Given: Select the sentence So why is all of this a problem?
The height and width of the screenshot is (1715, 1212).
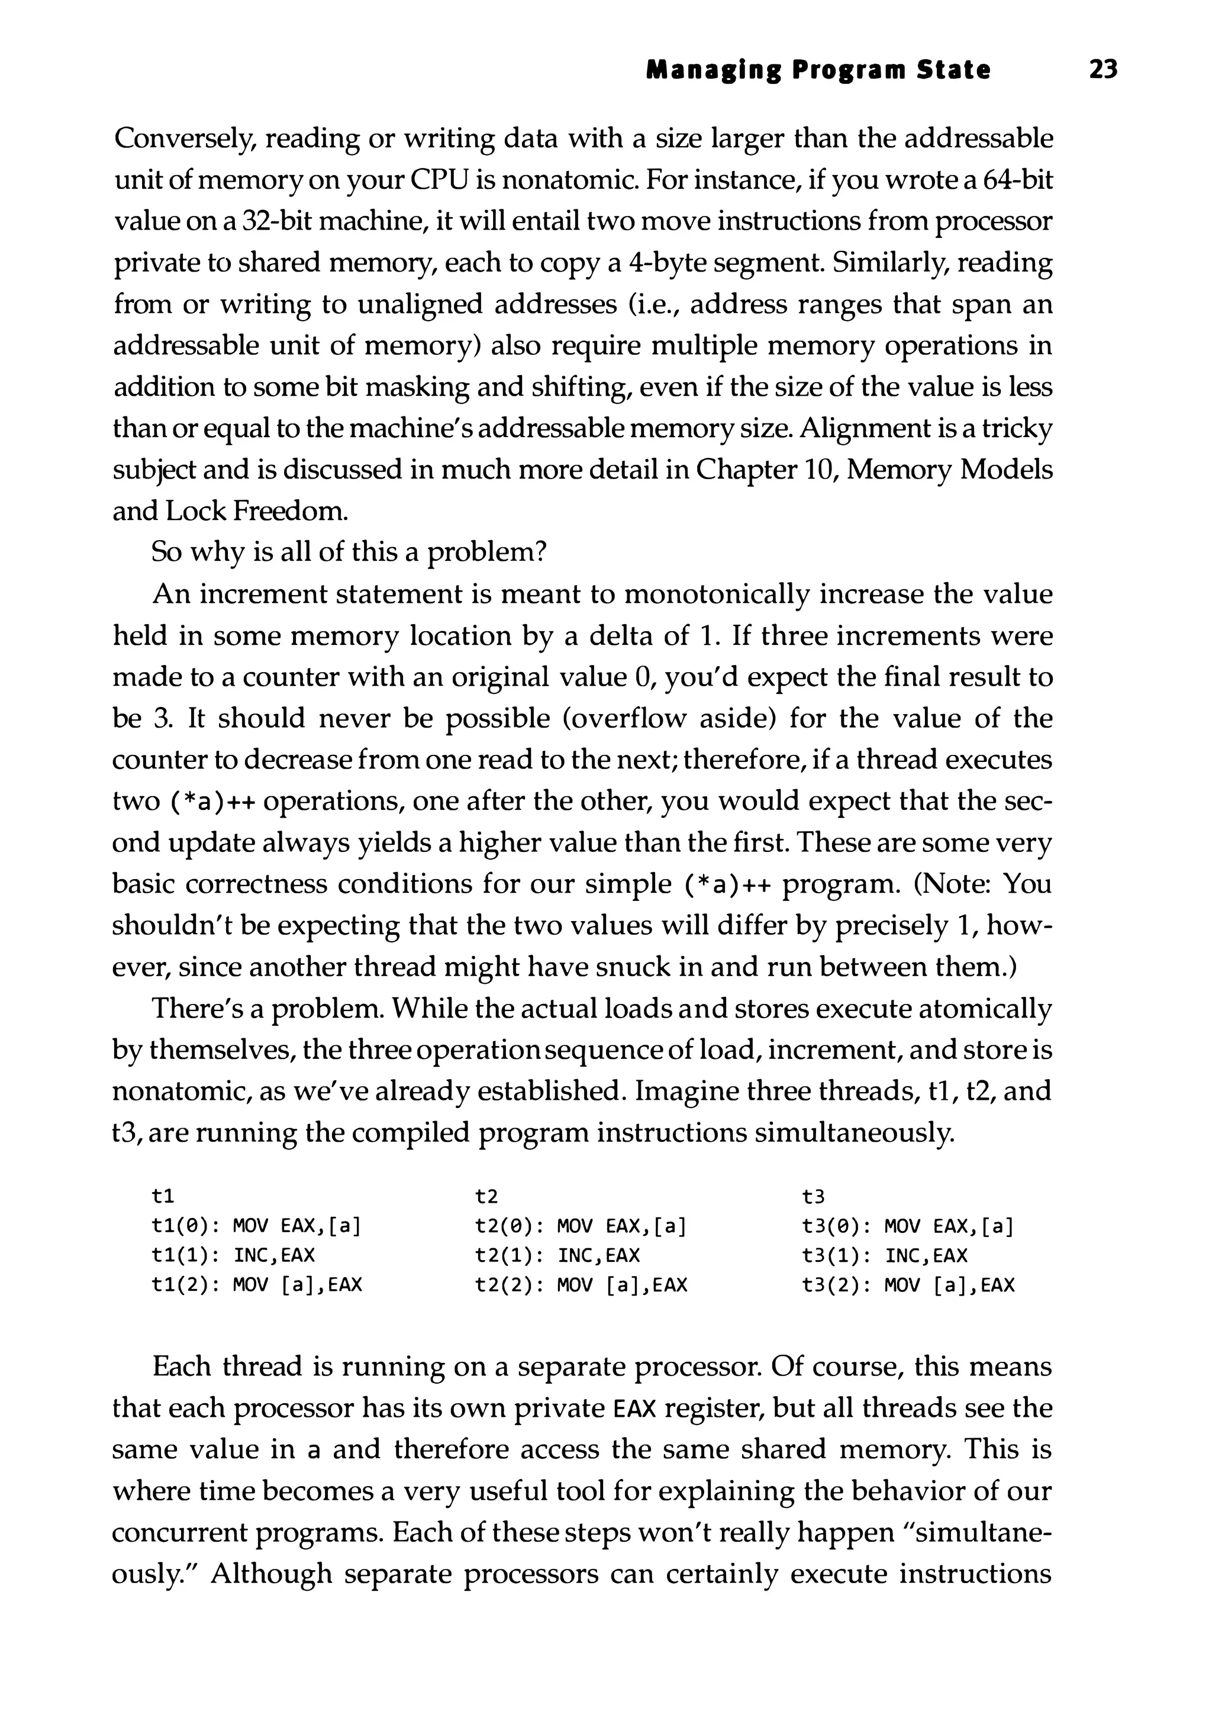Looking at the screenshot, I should coord(350,553).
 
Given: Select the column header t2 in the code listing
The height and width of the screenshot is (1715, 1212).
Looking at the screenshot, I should coord(486,1197).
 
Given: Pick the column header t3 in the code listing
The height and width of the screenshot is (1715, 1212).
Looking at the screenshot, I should coord(813,1197).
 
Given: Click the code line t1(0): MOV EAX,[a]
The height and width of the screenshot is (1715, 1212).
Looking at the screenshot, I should coord(256,1226).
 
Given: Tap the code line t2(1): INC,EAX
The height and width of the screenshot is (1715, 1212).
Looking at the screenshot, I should coord(557,1255).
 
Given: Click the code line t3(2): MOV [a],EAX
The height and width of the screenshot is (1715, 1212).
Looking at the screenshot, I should coord(908,1286).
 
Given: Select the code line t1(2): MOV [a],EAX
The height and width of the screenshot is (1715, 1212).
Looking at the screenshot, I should coord(256,1286).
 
